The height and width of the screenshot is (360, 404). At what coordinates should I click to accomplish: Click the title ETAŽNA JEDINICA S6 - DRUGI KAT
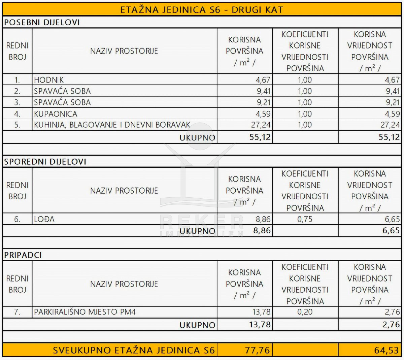(202, 9)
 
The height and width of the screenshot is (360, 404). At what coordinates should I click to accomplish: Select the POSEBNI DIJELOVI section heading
(42, 23)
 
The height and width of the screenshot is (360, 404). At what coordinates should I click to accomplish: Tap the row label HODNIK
(49, 80)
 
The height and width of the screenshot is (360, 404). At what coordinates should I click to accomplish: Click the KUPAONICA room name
(56, 114)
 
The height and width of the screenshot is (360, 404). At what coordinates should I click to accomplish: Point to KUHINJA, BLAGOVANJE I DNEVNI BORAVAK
(112, 125)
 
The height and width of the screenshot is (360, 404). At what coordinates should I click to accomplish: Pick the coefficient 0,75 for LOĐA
(305, 220)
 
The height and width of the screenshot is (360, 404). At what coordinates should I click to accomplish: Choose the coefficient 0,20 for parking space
(305, 312)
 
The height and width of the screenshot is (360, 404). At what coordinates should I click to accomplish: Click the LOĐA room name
(44, 220)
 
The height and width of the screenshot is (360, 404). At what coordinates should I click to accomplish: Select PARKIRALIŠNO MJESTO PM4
(85, 312)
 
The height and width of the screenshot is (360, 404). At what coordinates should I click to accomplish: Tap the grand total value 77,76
(257, 350)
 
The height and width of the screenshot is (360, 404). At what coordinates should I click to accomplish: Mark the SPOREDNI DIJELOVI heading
(45, 162)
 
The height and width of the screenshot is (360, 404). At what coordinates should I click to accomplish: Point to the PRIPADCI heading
(23, 255)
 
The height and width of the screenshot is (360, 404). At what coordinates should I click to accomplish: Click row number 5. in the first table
(17, 125)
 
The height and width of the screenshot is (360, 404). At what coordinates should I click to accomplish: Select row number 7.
(17, 312)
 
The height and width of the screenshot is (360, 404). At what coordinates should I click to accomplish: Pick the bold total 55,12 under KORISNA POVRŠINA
(260, 137)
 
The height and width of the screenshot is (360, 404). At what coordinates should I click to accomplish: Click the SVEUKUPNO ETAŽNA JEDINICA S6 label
(134, 350)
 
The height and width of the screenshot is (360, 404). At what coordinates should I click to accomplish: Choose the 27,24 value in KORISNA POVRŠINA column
(261, 125)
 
